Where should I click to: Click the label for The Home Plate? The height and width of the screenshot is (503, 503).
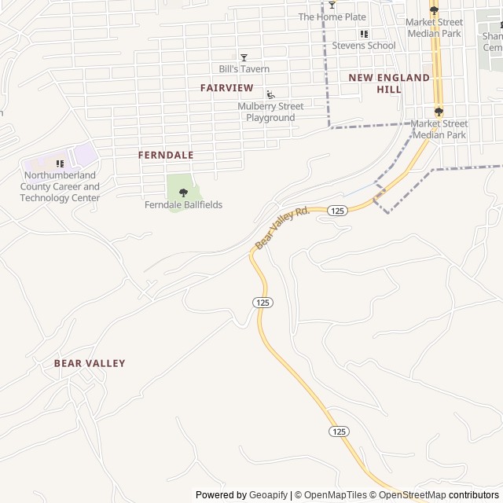tap(332, 17)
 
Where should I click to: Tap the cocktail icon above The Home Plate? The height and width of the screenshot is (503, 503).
tap(332, 6)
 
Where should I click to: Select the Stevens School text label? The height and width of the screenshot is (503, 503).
tap(363, 46)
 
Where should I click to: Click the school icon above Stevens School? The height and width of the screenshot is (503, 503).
tap(363, 35)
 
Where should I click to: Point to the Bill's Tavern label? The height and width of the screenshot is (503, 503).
tap(244, 69)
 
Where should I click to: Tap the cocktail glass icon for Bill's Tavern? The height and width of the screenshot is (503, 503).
tap(244, 57)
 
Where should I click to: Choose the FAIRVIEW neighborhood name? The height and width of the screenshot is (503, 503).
tap(226, 87)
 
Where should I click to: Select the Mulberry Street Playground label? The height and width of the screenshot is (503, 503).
tap(270, 112)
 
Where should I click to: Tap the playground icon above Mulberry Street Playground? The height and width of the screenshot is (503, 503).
tap(270, 95)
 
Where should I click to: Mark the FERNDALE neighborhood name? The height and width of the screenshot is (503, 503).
tap(166, 156)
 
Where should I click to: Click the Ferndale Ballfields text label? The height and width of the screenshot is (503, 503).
tap(183, 205)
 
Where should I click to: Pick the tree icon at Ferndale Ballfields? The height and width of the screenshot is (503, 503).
tap(183, 193)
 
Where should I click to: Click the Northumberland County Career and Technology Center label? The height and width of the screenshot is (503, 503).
tap(61, 186)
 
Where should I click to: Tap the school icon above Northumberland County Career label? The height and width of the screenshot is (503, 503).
tap(61, 163)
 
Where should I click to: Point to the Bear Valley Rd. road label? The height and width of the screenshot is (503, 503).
tap(282, 228)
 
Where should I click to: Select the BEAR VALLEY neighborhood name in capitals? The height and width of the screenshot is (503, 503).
tap(90, 363)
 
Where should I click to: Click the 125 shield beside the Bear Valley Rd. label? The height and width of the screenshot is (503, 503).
tap(337, 210)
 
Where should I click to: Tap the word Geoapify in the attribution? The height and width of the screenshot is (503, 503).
tap(268, 495)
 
